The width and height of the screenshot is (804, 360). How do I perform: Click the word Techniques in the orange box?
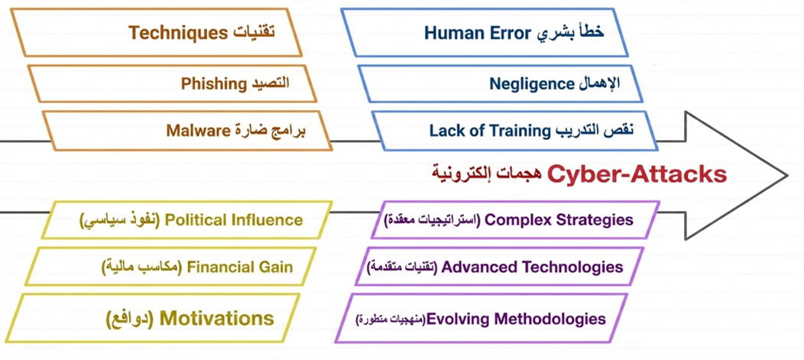(177, 33)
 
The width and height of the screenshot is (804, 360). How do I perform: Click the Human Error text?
(476, 33)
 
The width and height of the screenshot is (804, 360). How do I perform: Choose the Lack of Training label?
(489, 130)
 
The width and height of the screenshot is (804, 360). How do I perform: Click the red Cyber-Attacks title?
(637, 175)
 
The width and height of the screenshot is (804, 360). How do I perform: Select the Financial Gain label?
(239, 267)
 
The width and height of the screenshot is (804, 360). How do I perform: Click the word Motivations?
(217, 319)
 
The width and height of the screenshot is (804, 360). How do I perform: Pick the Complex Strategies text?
(559, 220)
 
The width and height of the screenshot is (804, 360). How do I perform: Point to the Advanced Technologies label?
(532, 267)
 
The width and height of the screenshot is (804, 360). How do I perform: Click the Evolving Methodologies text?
(516, 319)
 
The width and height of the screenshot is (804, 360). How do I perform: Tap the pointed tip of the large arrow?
(787, 176)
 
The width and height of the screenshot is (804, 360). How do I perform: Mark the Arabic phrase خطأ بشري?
(570, 33)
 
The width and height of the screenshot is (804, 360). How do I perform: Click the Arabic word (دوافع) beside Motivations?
(130, 319)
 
